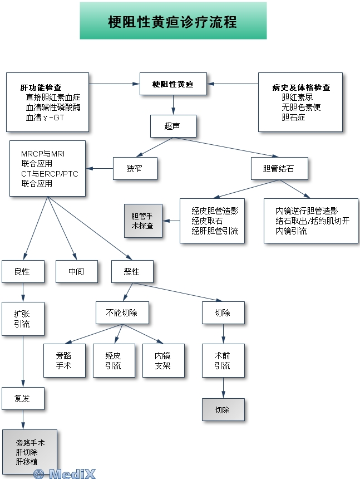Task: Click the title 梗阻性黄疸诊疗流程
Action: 172,21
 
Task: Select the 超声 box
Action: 172,126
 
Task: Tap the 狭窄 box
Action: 135,168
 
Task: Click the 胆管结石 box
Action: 278,168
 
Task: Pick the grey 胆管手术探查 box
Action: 142,221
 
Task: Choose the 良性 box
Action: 22,271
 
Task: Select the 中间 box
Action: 76,271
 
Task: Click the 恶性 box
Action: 132,271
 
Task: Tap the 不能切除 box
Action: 122,312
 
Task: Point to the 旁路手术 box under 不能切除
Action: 64,361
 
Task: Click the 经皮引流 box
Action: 113,361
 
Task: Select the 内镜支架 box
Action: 163,361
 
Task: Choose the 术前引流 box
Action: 223,361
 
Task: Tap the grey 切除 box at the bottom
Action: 223,410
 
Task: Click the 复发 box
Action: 22,398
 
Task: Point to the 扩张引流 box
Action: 22,319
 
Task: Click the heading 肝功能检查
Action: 41,87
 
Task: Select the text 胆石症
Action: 293,117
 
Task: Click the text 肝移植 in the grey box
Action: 27,461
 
